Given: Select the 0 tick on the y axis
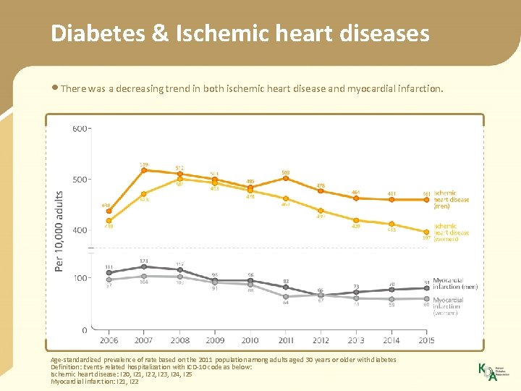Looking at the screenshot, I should click(x=84, y=330).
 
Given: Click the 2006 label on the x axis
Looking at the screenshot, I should click(x=109, y=340).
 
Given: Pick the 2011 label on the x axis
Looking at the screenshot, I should click(x=286, y=340).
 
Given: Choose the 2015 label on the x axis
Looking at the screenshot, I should click(x=427, y=340).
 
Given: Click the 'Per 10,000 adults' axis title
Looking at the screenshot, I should click(x=59, y=231).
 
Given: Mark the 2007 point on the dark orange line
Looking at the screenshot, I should click(x=144, y=171).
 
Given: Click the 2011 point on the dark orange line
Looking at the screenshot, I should click(x=286, y=178).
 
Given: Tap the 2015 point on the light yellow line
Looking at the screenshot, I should click(x=427, y=232).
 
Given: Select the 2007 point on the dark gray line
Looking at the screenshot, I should click(x=144, y=267).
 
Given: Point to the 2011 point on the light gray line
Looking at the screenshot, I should click(x=286, y=296).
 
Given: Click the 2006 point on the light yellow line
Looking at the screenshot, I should click(x=109, y=220).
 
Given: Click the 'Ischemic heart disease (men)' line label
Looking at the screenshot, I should click(x=451, y=200).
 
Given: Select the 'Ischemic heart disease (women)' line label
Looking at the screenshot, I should click(x=451, y=232).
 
